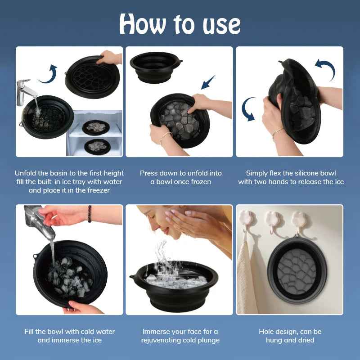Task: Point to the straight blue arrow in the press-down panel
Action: click(x=208, y=82)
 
